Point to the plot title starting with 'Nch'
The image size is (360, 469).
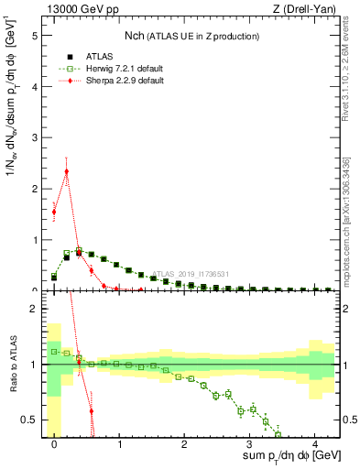pos(191,36)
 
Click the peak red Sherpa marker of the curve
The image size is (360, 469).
pos(67,171)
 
